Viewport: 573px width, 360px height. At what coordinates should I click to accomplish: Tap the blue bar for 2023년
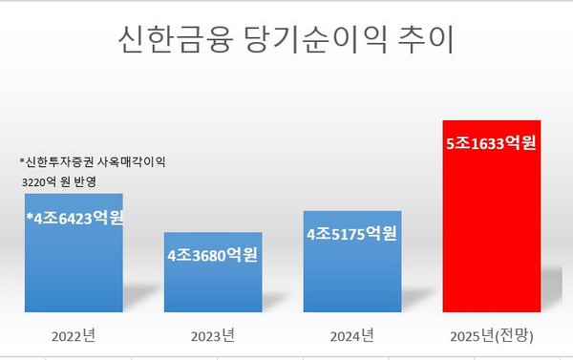[x=212, y=286]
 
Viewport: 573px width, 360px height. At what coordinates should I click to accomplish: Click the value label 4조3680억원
[x=212, y=256]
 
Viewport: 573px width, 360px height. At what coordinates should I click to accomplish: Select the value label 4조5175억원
[x=351, y=233]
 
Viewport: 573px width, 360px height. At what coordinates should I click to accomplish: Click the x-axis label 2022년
[x=74, y=335]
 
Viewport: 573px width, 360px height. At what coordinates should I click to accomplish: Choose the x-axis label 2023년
[x=212, y=335]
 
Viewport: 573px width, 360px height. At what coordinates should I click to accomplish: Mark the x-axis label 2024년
[x=351, y=335]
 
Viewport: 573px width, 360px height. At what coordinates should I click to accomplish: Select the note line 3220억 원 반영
[x=58, y=180]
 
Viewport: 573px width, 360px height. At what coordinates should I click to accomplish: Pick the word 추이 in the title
[x=426, y=40]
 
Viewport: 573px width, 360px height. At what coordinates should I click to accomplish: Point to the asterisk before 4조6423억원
[x=30, y=214]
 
